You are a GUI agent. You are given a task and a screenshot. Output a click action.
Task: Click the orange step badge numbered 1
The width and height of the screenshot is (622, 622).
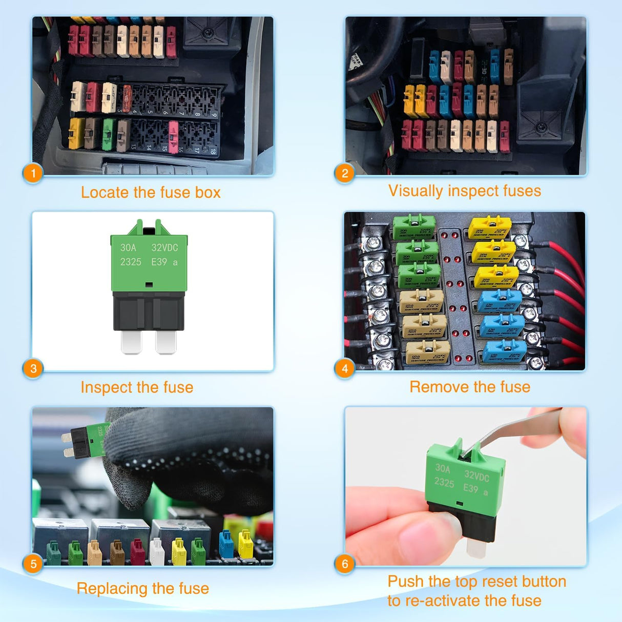33,173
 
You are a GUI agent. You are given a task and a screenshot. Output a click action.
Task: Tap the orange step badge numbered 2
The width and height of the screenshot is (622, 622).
345,173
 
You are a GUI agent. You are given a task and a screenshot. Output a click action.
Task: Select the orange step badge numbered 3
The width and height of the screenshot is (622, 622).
33,368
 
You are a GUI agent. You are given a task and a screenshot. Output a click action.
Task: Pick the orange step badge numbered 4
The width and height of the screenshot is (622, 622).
345,368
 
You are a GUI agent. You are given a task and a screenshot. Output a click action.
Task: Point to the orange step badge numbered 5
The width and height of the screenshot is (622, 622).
33,564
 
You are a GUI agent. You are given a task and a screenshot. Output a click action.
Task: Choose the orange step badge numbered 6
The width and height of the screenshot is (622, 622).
345,564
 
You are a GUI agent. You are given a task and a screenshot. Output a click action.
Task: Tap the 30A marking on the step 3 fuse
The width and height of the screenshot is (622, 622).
128,248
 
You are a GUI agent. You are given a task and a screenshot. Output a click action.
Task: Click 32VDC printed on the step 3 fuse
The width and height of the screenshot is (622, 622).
164,248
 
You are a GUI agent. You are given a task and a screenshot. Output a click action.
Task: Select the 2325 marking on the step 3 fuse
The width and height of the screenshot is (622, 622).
131,262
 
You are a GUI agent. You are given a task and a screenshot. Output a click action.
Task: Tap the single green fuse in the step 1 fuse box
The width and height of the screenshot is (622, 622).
108,134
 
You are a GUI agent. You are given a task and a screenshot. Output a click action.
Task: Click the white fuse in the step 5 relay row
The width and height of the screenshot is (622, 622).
157,552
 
